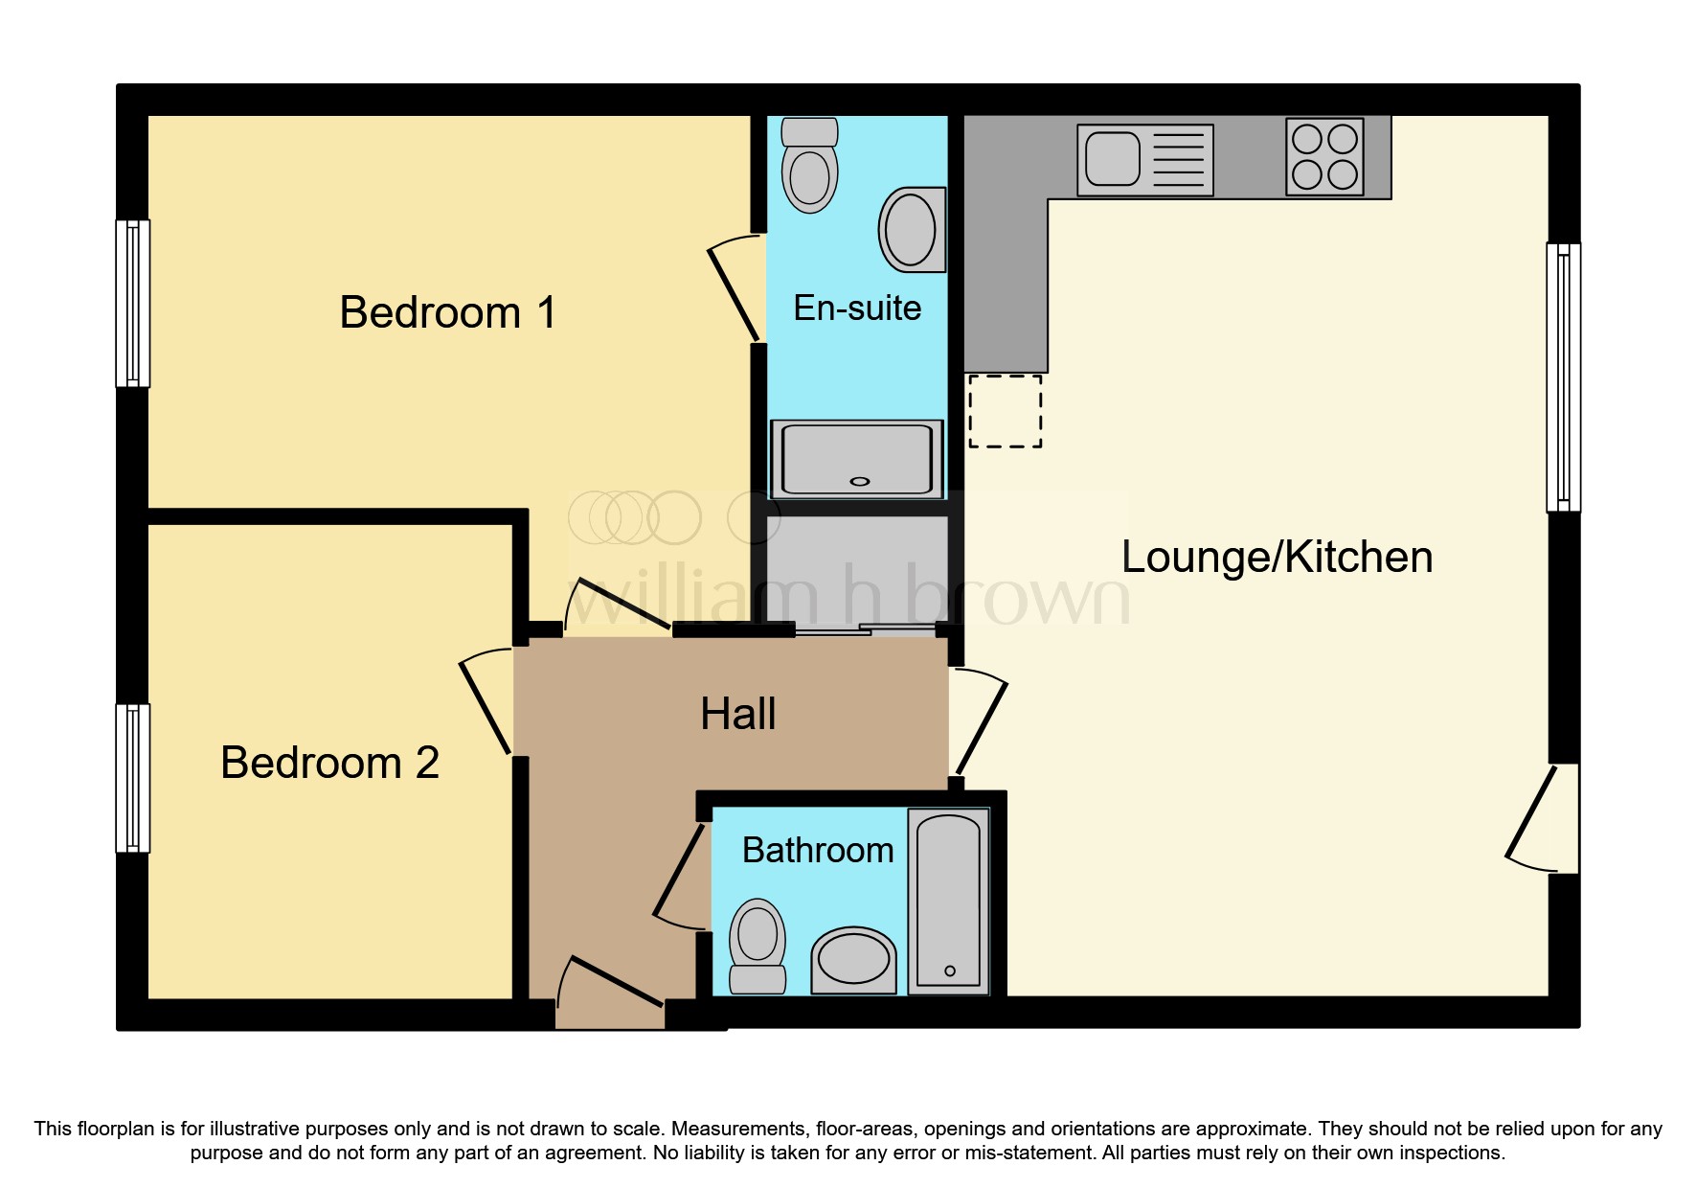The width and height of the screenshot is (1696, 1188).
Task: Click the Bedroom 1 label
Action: coord(447,313)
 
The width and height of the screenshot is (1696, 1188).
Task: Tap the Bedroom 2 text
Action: coord(329,764)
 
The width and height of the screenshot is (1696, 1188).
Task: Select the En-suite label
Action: coord(857,308)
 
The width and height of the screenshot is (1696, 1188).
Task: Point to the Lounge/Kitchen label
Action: coord(1277,558)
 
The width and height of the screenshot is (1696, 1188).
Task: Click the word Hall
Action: coord(737,715)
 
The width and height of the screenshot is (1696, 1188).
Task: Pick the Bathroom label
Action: coord(818,851)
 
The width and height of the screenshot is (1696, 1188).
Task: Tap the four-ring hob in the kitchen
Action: coord(1324,157)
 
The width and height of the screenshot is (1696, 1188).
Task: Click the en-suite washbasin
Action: coord(912,229)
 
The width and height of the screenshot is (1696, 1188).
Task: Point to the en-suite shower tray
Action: coord(857,459)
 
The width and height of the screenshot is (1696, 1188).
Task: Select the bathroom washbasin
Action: coord(853,960)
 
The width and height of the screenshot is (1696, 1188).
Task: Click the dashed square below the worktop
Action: coord(1005,411)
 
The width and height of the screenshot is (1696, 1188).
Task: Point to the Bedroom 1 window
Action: coord(133,304)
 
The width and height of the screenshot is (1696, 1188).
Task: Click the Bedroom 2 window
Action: coord(133,778)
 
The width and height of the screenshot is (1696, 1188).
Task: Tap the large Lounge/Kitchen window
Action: coord(1563,377)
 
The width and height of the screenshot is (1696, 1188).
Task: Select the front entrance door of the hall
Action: coord(610,996)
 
